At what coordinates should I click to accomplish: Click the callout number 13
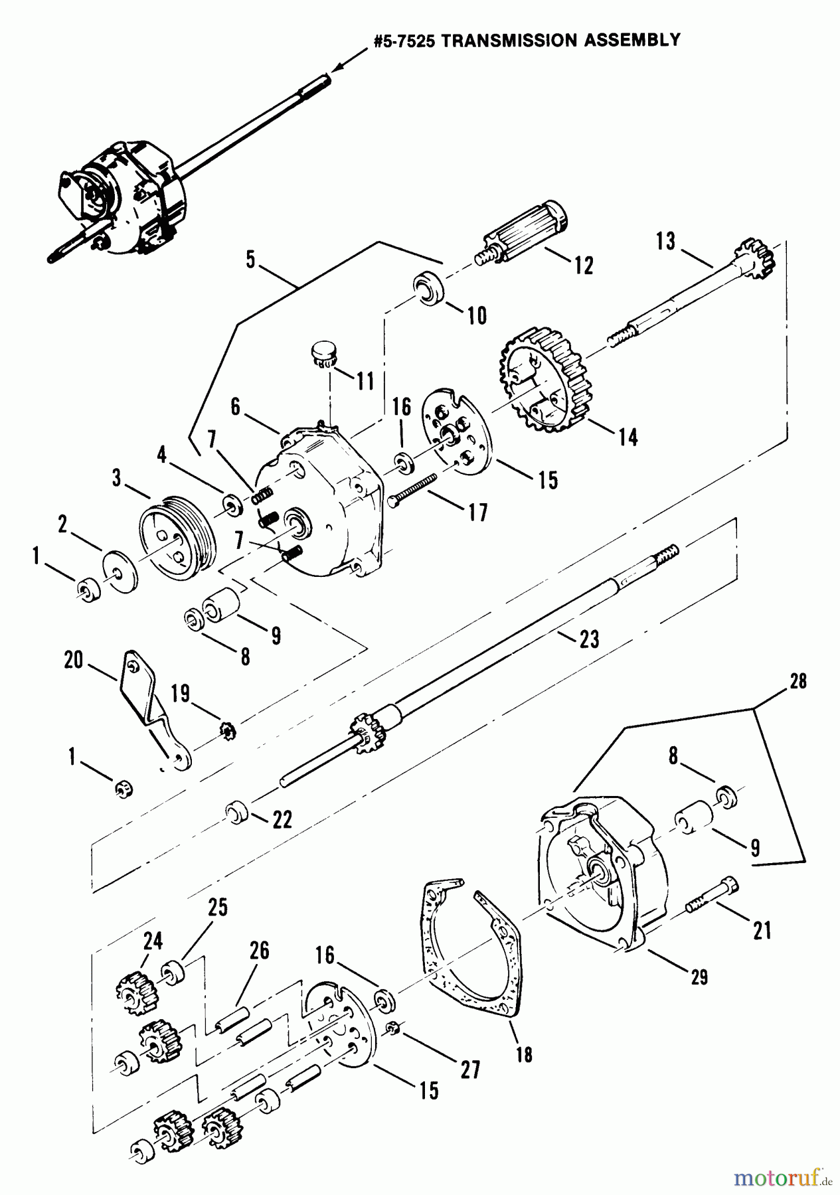pyautogui.click(x=666, y=241)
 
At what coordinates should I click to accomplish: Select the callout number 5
pyautogui.click(x=250, y=259)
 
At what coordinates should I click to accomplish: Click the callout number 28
pyautogui.click(x=798, y=682)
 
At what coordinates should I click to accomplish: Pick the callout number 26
pyautogui.click(x=259, y=951)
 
